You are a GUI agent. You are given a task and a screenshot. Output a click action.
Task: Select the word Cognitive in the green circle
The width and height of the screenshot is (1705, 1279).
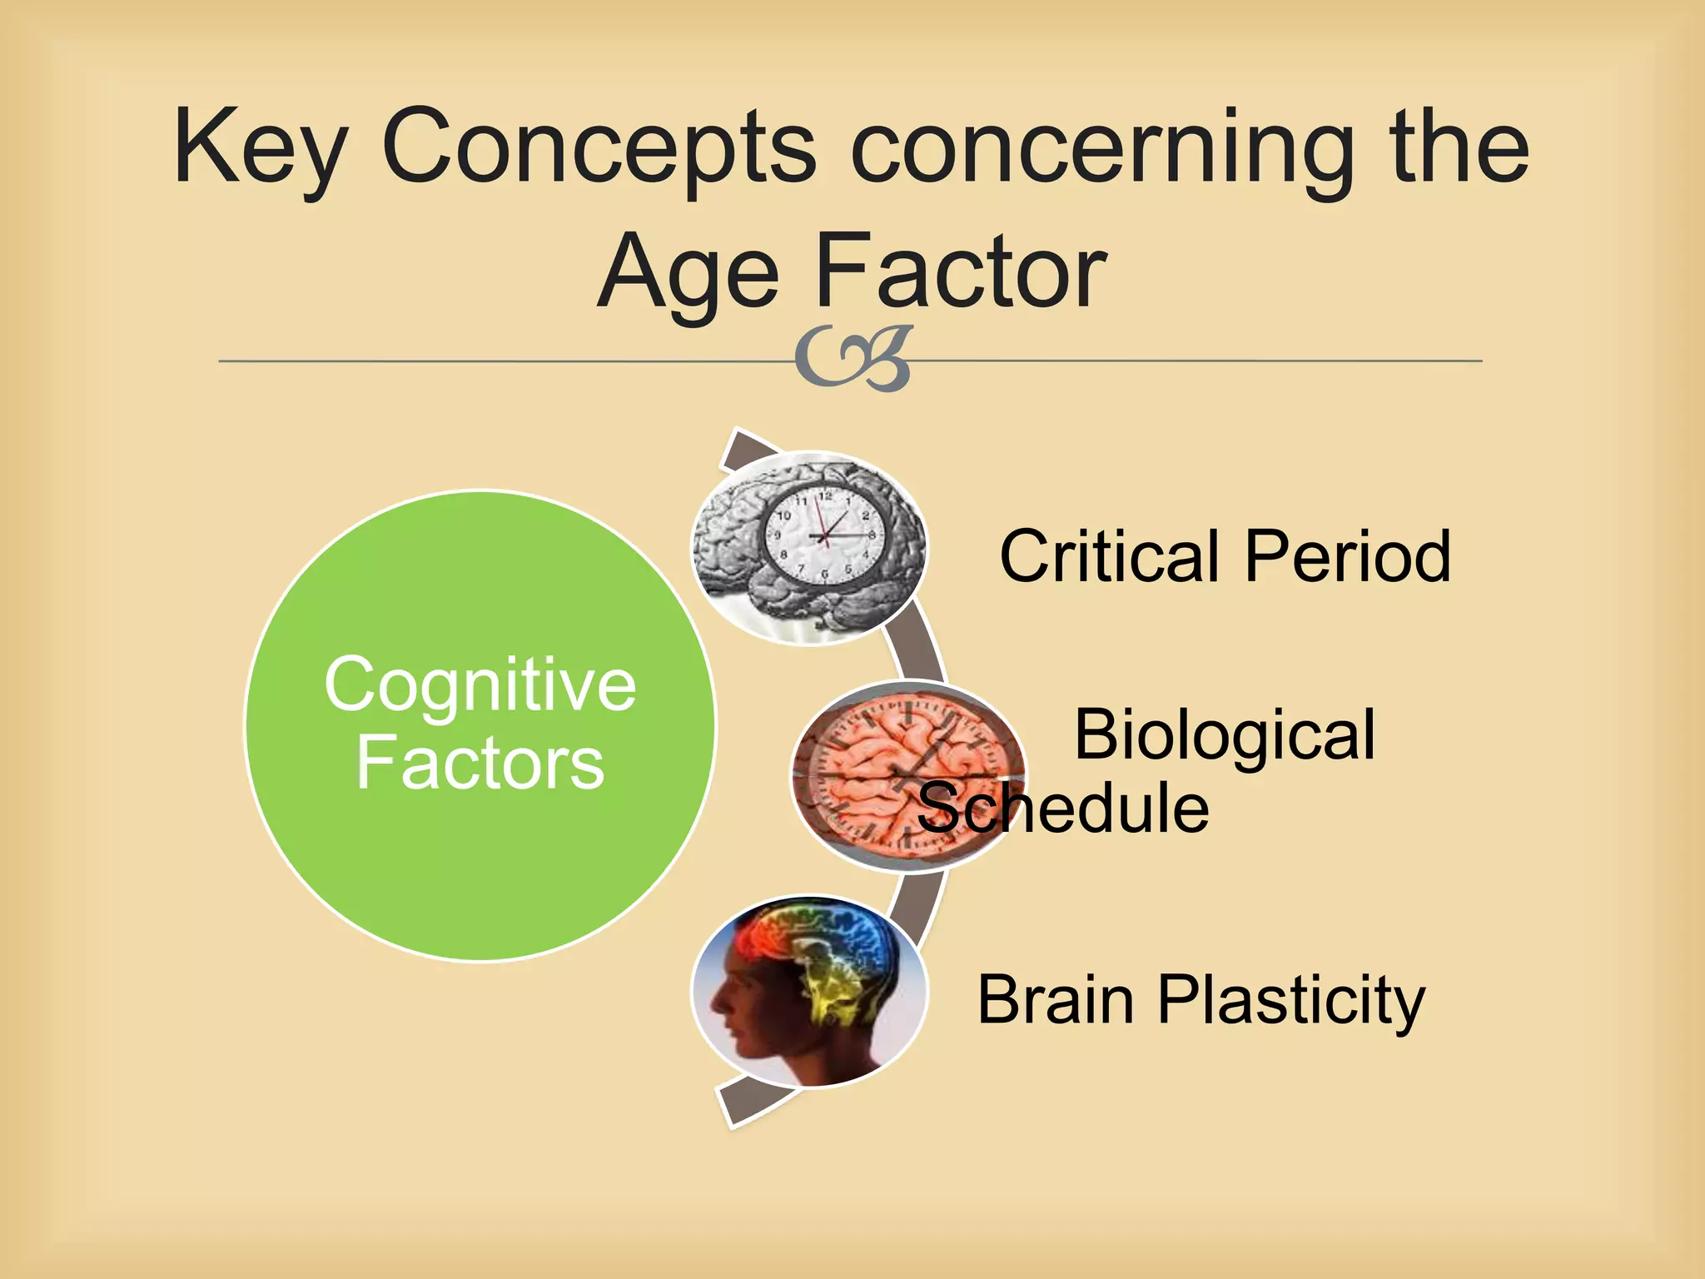pyautogui.click(x=480, y=684)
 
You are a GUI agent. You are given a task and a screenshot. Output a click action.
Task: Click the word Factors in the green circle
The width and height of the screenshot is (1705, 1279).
pyautogui.click(x=480, y=763)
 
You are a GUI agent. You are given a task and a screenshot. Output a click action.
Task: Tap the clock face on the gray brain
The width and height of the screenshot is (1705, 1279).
pyautogui.click(x=820, y=538)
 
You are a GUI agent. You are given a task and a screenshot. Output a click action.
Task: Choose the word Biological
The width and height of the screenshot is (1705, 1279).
pyautogui.click(x=1224, y=734)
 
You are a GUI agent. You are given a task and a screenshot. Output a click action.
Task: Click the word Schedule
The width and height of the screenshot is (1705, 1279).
pyautogui.click(x=1063, y=808)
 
